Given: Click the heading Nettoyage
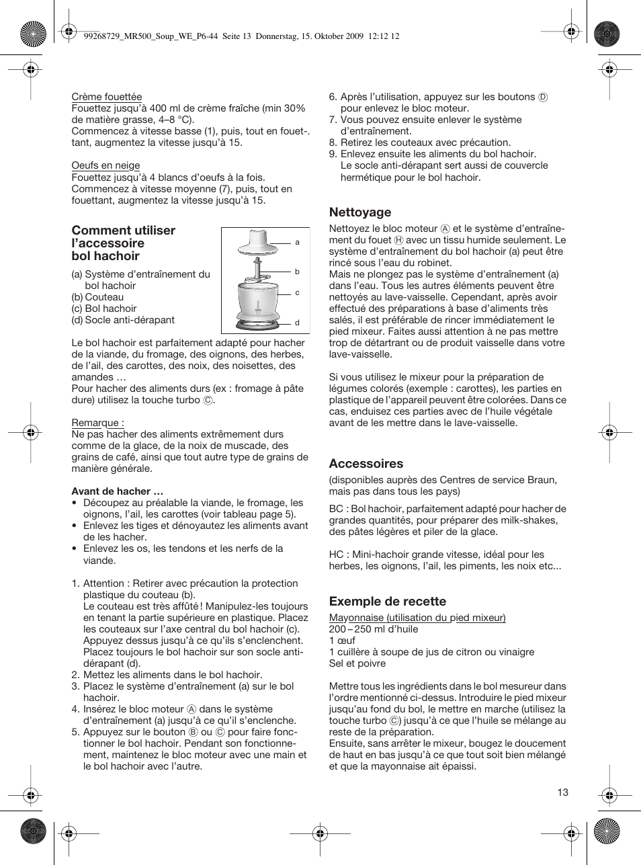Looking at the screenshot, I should click(359, 212).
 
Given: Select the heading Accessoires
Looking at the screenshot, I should click(366, 464).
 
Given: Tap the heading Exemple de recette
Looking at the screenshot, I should click(387, 602).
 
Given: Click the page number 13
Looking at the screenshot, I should click(562, 792).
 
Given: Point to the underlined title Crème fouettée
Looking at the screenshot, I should click(107, 97).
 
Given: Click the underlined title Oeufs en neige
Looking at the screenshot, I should click(105, 165).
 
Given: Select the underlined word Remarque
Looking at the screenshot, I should click(97, 423).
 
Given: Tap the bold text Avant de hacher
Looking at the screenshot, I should click(117, 491).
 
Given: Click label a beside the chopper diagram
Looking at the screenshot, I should click(297, 243).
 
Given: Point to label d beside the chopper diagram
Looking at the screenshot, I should click(297, 323).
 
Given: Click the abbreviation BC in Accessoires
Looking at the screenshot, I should click(336, 509).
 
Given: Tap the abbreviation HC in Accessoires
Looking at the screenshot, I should click(336, 554).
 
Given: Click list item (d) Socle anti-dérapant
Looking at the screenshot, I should click(123, 320).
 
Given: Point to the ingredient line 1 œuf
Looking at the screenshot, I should click(342, 641).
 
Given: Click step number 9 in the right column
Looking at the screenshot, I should click(332, 154).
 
